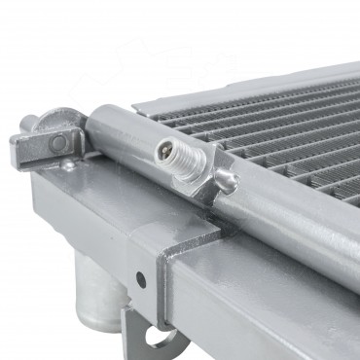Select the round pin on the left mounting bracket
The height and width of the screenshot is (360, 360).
pyautogui.click(x=60, y=144)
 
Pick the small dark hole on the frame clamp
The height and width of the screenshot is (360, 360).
pyautogui.click(x=142, y=279)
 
